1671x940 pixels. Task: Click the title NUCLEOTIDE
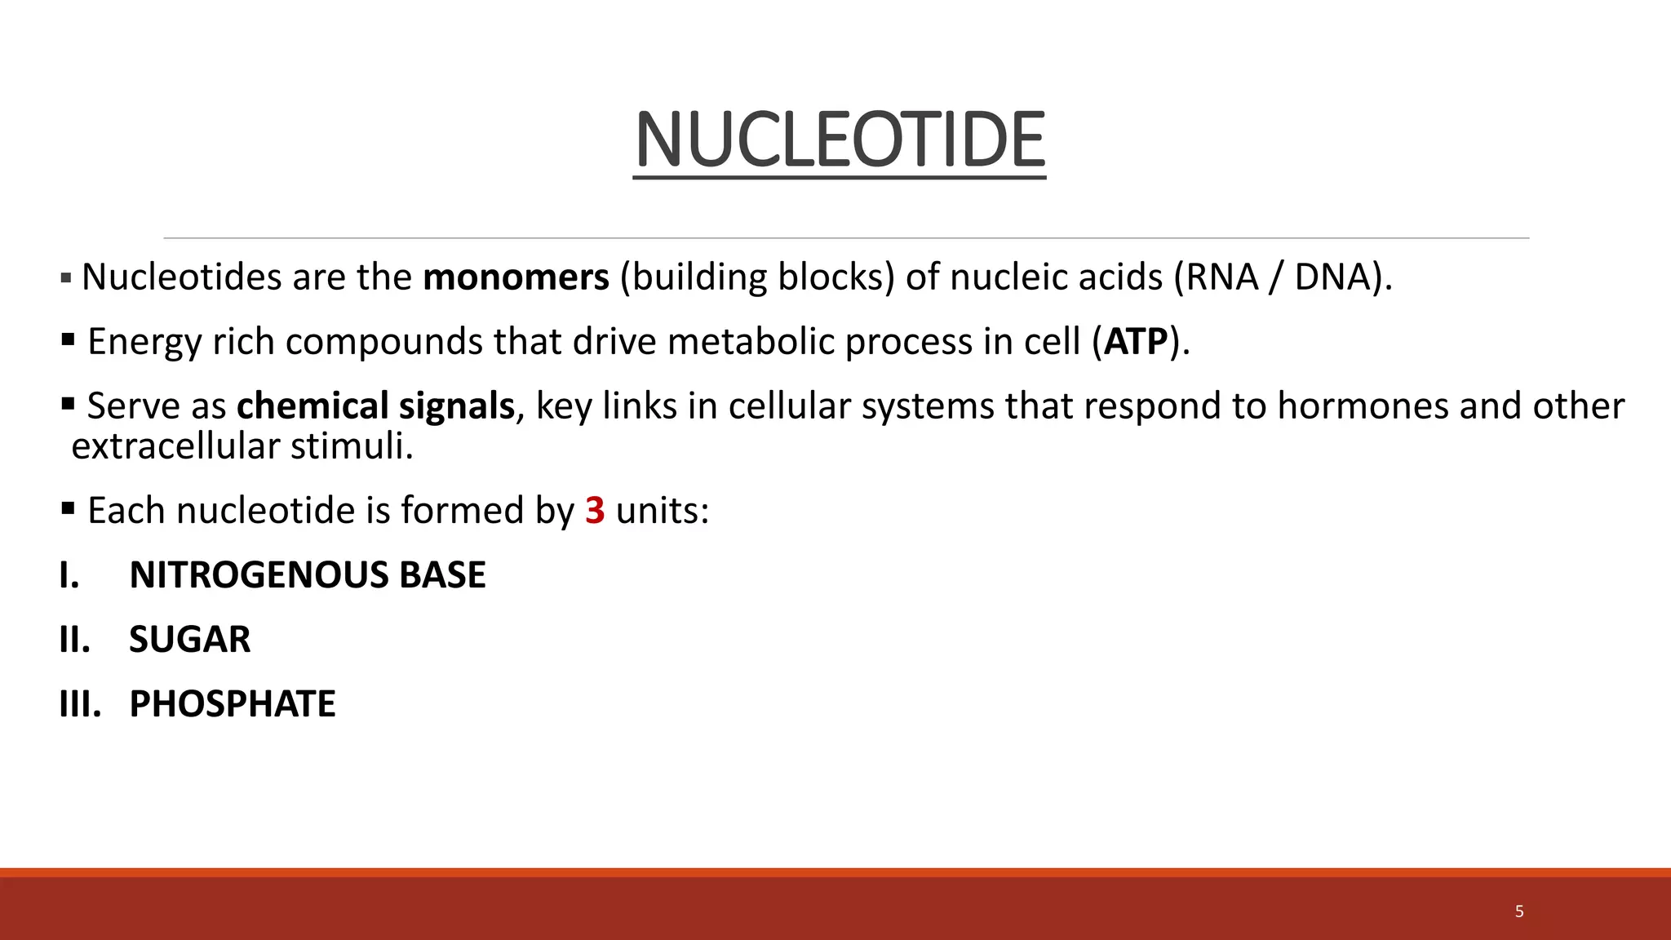[x=840, y=140]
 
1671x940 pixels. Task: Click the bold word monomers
[x=516, y=277]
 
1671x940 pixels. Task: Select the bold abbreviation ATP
[x=1137, y=342]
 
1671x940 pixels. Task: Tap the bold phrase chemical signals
[x=375, y=406]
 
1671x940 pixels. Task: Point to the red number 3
[x=595, y=512]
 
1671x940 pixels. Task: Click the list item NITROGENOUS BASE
[x=307, y=575]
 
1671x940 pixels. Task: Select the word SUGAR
[x=189, y=640]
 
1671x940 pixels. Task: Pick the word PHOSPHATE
[x=232, y=704]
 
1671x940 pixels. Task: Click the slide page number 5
[x=1519, y=911]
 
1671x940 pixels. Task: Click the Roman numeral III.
[x=79, y=704]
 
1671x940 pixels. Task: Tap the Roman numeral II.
[x=74, y=640]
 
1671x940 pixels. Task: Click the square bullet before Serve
[x=68, y=403]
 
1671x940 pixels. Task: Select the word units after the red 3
[x=662, y=512]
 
